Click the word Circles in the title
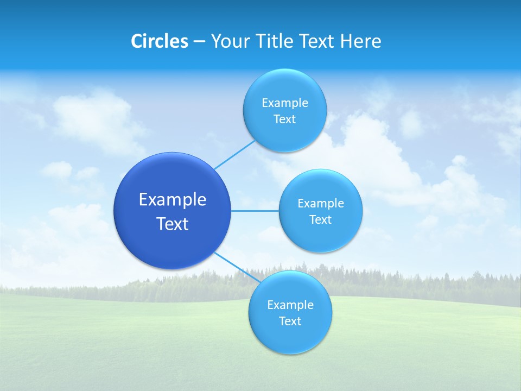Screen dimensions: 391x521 159,41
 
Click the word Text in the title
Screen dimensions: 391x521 317,41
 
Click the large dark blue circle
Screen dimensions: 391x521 173,211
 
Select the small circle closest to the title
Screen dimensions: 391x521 285,110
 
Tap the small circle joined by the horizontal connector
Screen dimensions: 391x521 321,211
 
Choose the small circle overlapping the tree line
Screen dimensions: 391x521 290,312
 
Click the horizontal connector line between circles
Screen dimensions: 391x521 255,211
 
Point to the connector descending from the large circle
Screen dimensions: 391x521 237,267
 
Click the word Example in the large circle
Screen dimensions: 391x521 173,199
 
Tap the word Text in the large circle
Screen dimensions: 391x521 173,224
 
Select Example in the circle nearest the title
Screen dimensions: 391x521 285,103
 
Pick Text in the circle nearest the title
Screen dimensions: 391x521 285,119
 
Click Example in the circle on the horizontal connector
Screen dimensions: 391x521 321,203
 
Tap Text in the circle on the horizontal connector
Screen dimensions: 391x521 321,219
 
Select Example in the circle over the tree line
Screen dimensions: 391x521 290,305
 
